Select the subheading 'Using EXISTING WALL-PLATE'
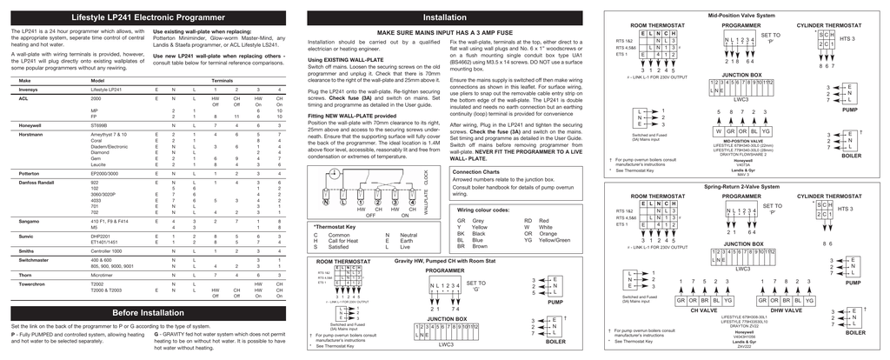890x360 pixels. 344,58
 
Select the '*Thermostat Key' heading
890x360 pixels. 334,226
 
